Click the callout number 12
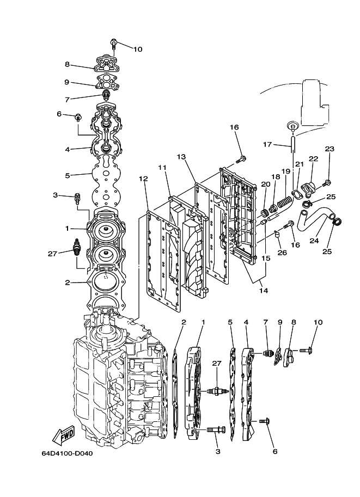click(x=143, y=179)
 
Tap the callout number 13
click(x=181, y=157)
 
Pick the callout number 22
click(x=313, y=158)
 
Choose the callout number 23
click(x=330, y=149)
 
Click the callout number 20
click(x=265, y=184)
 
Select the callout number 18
click(x=276, y=176)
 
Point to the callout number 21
click(x=299, y=164)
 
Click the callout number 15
click(x=265, y=258)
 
